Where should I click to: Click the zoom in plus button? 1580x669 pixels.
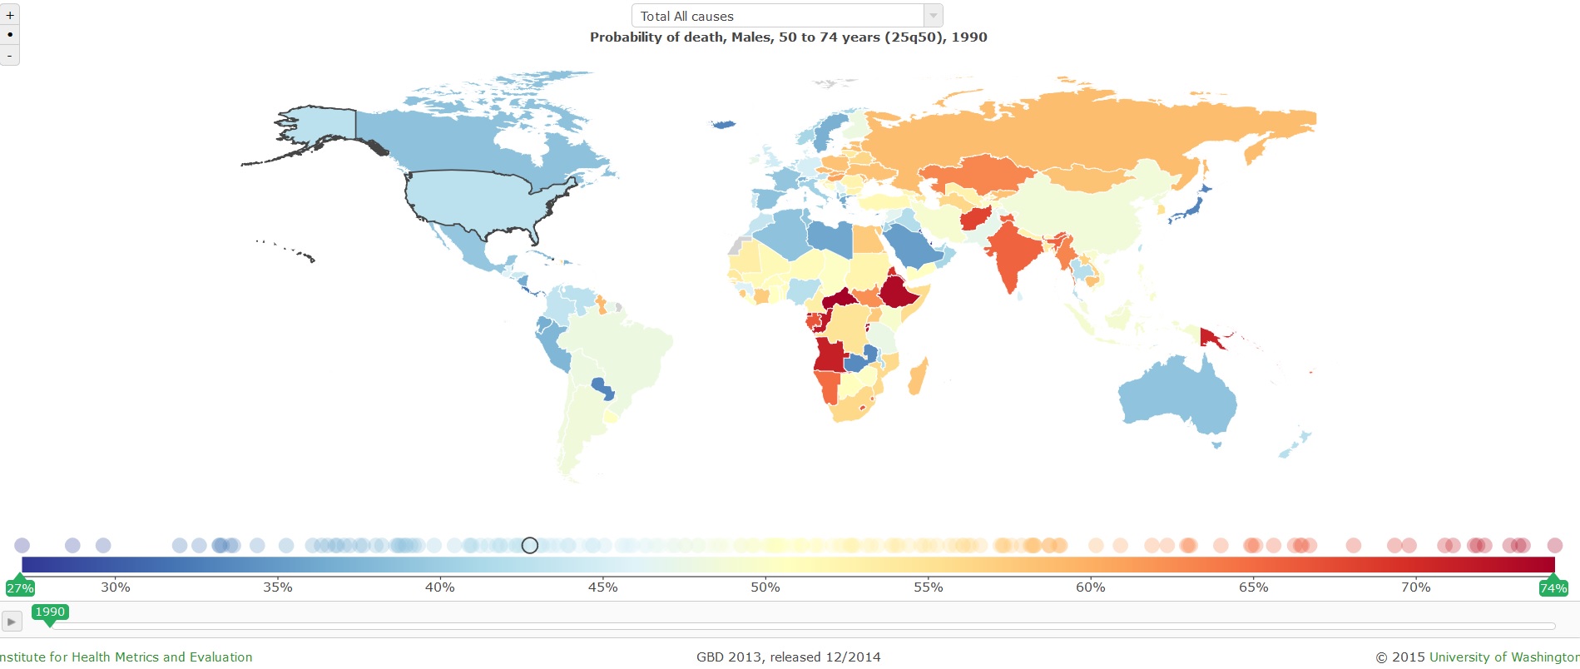(x=9, y=15)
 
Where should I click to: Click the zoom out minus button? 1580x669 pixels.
(x=9, y=55)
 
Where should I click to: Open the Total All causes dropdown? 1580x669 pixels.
(x=786, y=16)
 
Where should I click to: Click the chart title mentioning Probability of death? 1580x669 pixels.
(x=788, y=37)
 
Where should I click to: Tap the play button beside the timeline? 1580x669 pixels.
(x=11, y=622)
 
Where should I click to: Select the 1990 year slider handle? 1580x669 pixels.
(x=50, y=612)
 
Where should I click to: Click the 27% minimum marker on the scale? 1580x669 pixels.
(x=19, y=587)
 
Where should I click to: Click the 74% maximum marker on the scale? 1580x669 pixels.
(x=1553, y=587)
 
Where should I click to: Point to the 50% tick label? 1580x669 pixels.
(x=765, y=587)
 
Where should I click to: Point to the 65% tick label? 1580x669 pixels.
(x=1253, y=587)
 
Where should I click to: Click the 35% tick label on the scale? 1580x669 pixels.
(x=277, y=587)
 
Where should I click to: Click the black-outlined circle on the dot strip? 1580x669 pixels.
(x=530, y=545)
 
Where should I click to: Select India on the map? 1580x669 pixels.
(x=1015, y=250)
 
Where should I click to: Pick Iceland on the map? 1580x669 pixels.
(x=723, y=125)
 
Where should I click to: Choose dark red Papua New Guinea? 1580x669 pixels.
(x=1211, y=336)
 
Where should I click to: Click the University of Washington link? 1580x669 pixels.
(x=1503, y=657)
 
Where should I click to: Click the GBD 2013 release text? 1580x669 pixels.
(x=788, y=657)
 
